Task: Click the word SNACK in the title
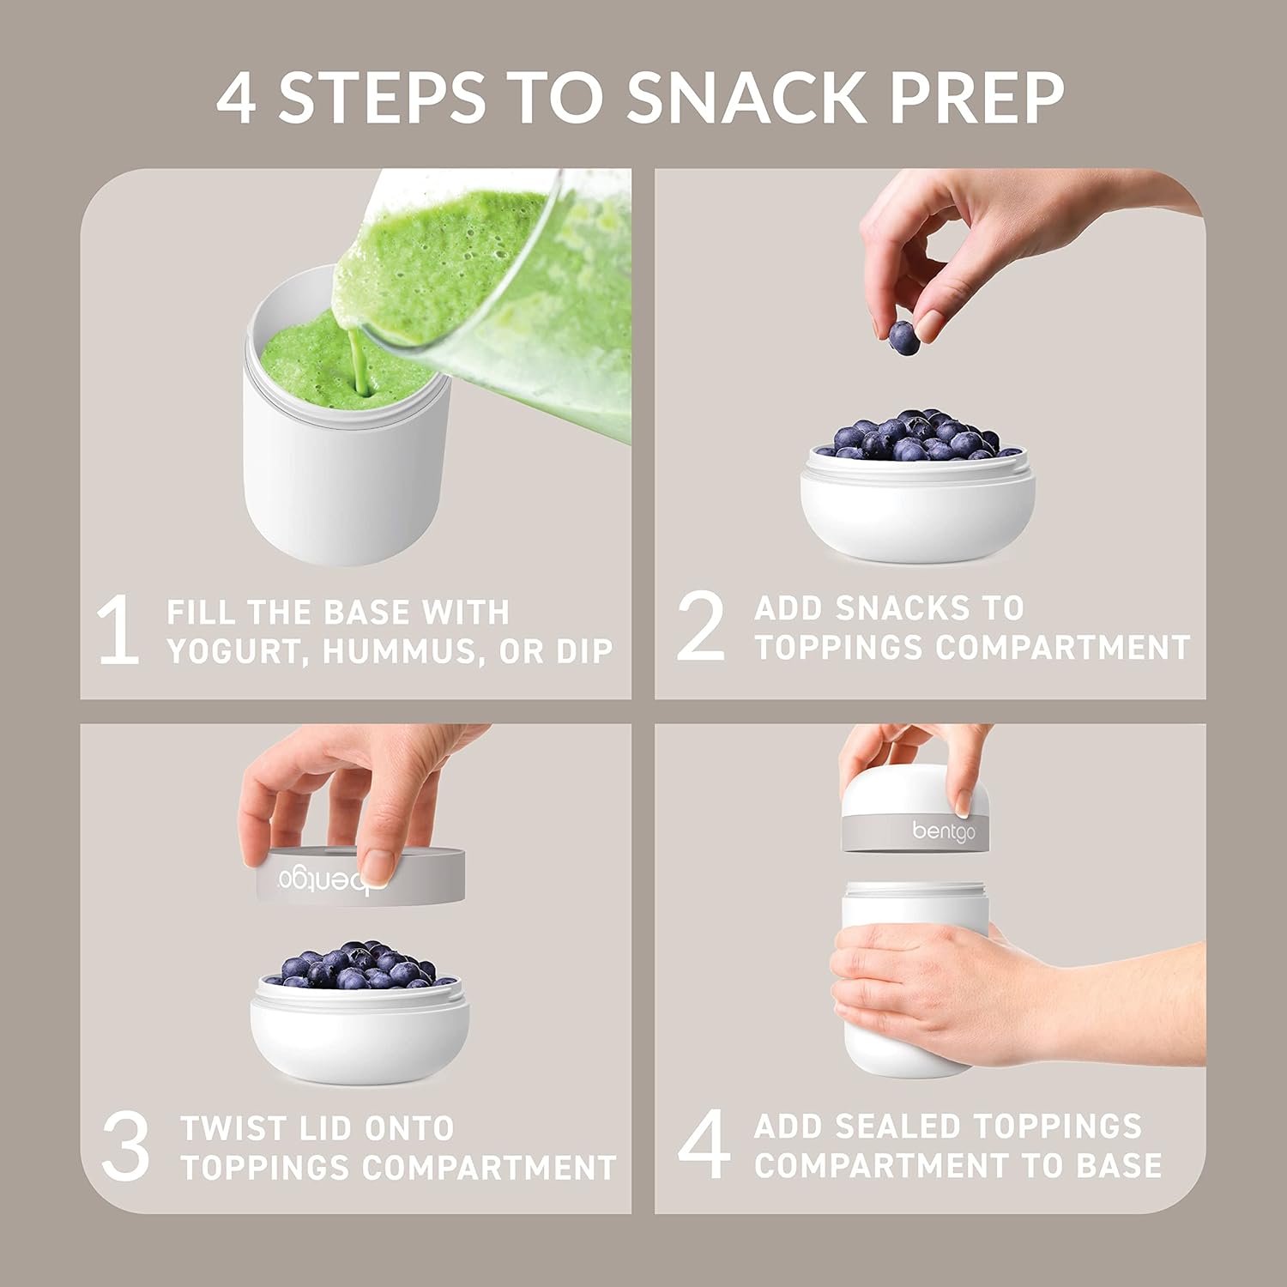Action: click(x=747, y=97)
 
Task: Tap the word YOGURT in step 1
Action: click(x=238, y=651)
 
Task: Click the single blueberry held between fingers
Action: click(x=903, y=337)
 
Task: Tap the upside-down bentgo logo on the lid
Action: click(x=333, y=879)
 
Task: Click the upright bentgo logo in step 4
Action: click(x=944, y=831)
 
